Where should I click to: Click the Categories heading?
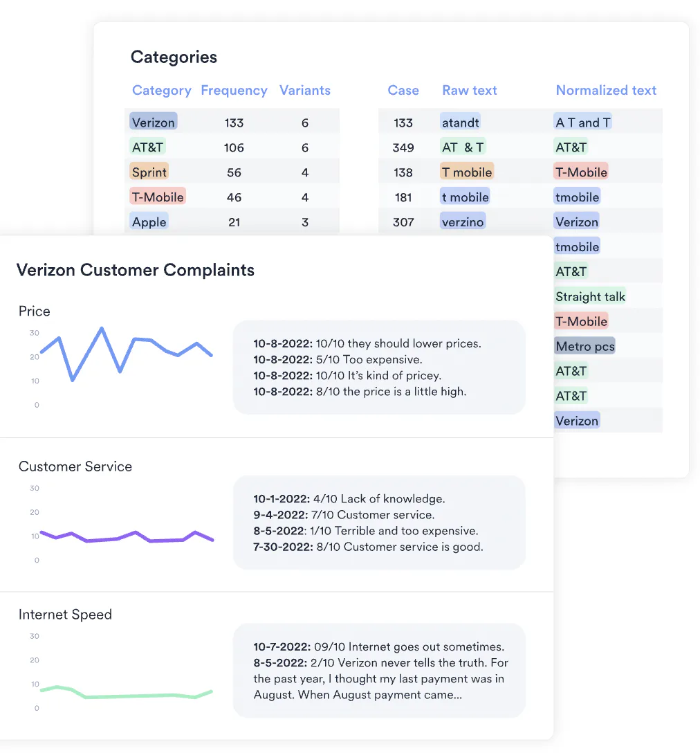click(x=174, y=57)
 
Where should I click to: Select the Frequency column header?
click(x=234, y=91)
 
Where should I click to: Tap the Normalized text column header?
click(x=606, y=91)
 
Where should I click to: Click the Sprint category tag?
click(x=149, y=172)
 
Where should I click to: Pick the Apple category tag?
click(x=149, y=222)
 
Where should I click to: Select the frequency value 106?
click(x=234, y=147)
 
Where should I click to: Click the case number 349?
click(x=403, y=147)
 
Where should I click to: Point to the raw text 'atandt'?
click(x=461, y=123)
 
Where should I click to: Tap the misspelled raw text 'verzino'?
click(x=463, y=222)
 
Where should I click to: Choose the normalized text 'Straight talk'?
click(x=590, y=297)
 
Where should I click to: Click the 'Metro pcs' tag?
click(x=584, y=347)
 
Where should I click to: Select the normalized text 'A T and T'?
click(x=583, y=123)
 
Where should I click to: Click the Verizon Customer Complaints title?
click(x=136, y=270)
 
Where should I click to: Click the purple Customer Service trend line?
click(x=135, y=534)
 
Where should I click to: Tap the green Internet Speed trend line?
click(x=138, y=696)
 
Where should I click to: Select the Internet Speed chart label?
click(x=65, y=615)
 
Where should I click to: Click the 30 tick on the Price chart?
click(x=35, y=333)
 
